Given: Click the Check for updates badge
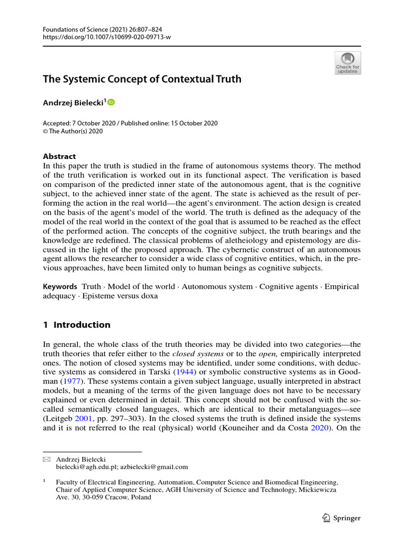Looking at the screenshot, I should [x=348, y=63].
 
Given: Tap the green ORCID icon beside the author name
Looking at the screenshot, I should [x=111, y=103].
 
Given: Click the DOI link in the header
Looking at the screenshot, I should [x=107, y=37].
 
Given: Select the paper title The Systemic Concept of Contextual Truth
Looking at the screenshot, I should [x=142, y=79].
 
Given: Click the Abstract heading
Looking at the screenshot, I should [x=59, y=156].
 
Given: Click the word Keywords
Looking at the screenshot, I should [x=60, y=287].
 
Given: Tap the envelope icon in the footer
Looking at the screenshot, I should [x=46, y=460].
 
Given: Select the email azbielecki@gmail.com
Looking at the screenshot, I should [x=154, y=467].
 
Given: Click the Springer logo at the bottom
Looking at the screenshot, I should [x=340, y=518].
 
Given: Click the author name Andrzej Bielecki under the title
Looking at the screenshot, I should [x=73, y=103].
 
